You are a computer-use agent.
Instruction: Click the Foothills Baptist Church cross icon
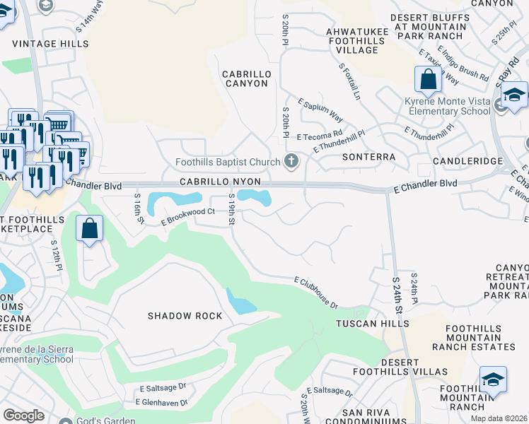tap(291, 163)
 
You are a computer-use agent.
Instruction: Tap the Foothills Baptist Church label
tap(228, 163)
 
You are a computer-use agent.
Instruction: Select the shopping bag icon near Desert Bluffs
tap(428, 80)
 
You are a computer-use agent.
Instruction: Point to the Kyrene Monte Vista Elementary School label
tap(447, 107)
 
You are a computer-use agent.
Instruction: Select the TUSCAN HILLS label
tap(372, 324)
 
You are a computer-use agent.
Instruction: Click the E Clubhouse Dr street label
tap(316, 292)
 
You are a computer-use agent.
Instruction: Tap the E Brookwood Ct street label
tap(187, 216)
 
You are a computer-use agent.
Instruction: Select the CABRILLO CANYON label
tap(245, 78)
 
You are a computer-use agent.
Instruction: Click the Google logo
tap(23, 416)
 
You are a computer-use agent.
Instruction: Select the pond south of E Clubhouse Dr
tap(240, 302)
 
